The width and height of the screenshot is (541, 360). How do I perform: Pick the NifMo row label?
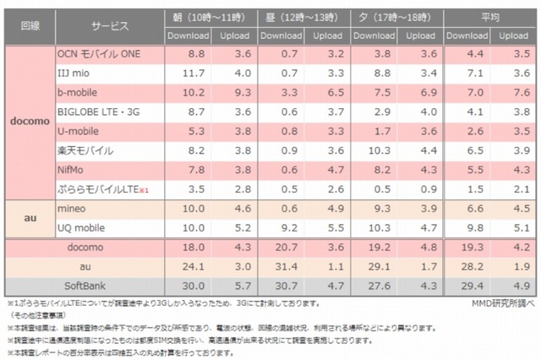click(x=72, y=170)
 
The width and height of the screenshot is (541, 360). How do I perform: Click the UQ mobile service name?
click(x=81, y=226)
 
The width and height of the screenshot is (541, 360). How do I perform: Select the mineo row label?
click(x=71, y=207)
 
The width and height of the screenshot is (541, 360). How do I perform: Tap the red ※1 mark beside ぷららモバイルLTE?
click(x=145, y=190)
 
